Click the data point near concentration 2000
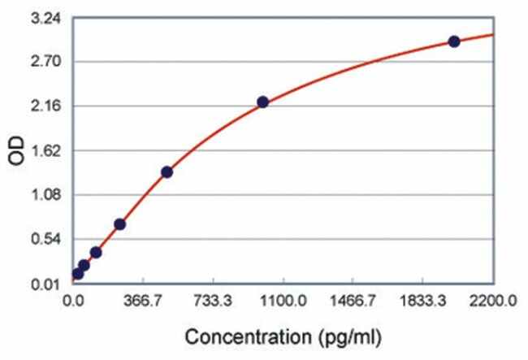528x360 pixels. pos(454,41)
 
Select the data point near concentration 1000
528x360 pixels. pos(262,102)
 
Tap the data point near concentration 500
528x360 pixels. pos(167,171)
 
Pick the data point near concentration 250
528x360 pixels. pos(119,224)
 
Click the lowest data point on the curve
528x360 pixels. pos(78,273)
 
